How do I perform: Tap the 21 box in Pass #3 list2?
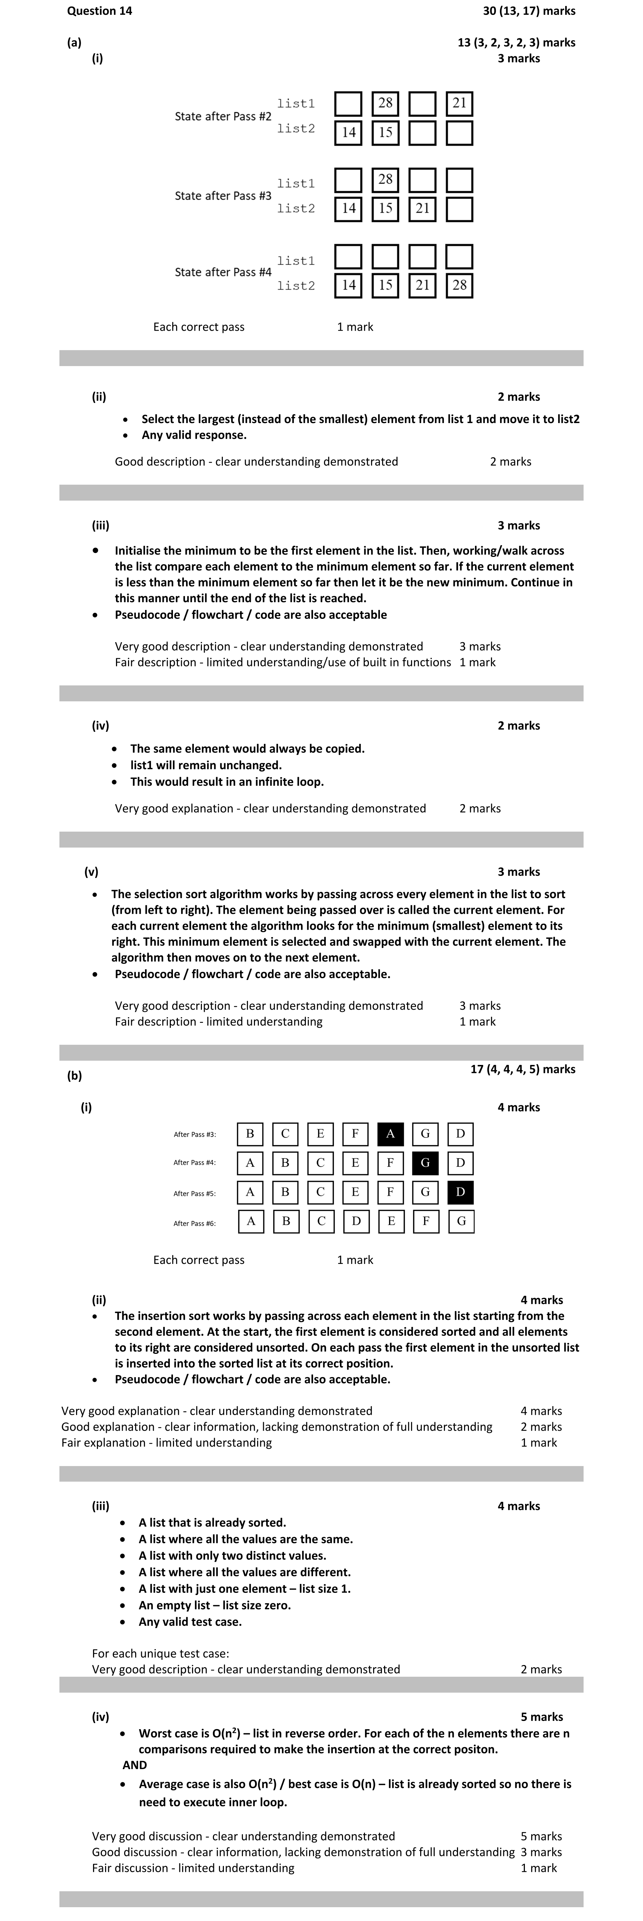[422, 209]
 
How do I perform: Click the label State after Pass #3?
[223, 196]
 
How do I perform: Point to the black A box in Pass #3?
[390, 1134]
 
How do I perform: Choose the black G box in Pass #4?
[425, 1163]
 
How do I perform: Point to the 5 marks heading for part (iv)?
[542, 1717]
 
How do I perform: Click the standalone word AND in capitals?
[135, 1765]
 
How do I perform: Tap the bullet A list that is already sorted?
[212, 1523]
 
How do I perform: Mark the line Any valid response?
[194, 435]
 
